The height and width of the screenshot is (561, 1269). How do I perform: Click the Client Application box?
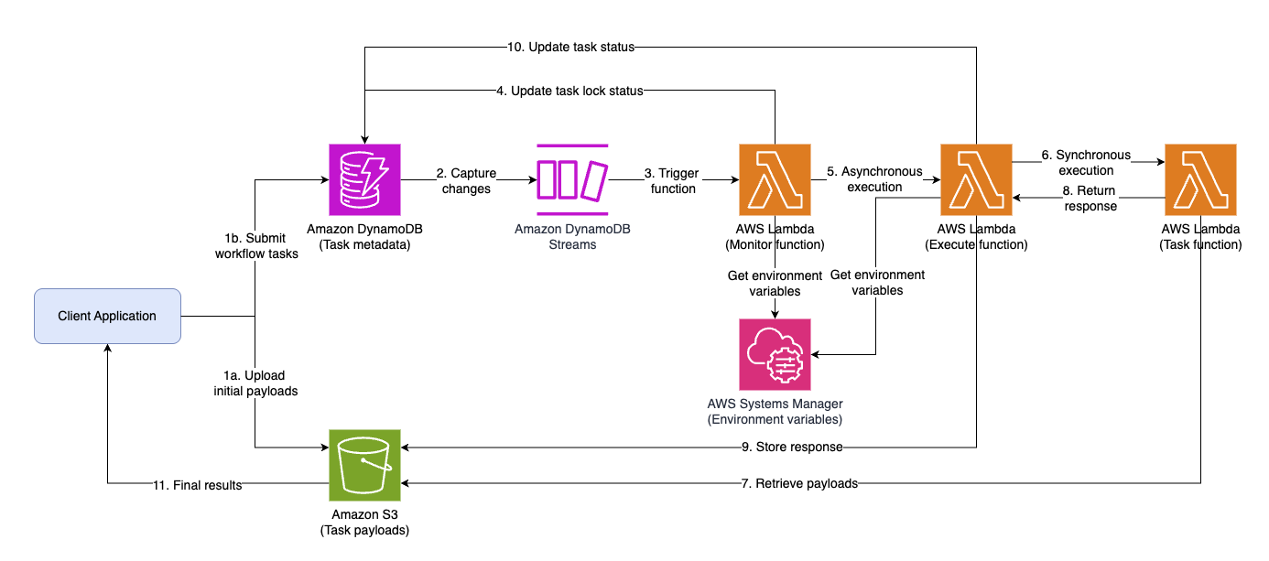pos(107,317)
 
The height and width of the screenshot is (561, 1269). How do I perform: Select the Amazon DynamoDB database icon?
pos(364,179)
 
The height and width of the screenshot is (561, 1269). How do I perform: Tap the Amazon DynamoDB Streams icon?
pos(572,179)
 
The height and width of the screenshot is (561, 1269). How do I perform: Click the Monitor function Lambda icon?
pos(775,179)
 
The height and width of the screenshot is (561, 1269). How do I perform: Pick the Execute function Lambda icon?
pos(976,179)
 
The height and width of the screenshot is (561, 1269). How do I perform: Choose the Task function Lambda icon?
pos(1200,179)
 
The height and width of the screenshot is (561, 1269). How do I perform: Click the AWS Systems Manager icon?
pos(775,354)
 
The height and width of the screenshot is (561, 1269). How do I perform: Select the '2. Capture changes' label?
pos(468,180)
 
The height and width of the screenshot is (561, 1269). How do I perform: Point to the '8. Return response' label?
pos(1090,199)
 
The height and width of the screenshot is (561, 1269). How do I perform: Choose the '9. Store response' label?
pos(792,448)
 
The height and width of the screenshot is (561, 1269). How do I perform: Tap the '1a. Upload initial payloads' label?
pos(255,383)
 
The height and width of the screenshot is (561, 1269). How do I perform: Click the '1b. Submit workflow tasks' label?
pos(256,246)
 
